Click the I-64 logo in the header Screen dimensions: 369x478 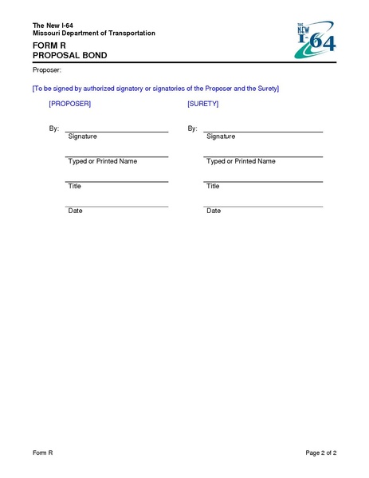click(x=316, y=41)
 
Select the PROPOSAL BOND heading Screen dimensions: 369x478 click(x=69, y=56)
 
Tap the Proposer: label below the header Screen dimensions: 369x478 click(x=47, y=71)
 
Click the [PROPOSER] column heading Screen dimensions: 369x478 click(x=69, y=104)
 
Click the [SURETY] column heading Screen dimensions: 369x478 click(x=202, y=104)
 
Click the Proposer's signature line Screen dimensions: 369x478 click(x=116, y=131)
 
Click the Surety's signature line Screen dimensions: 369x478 click(x=262, y=131)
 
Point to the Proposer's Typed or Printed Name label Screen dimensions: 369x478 click(x=103, y=161)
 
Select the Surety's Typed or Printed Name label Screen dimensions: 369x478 click(x=241, y=161)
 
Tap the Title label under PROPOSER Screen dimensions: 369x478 click(x=75, y=186)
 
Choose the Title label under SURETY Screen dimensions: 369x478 click(x=213, y=186)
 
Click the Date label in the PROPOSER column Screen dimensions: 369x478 click(x=75, y=211)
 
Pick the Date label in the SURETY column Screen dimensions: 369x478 click(x=214, y=211)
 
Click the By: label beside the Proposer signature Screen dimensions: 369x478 click(x=53, y=128)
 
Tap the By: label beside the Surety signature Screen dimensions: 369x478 click(x=192, y=128)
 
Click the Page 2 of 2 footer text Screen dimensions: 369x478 click(x=321, y=453)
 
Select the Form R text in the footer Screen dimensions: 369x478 click(x=42, y=453)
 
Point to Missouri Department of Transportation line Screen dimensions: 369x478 click(x=93, y=33)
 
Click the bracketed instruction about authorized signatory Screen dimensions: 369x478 click(x=155, y=88)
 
